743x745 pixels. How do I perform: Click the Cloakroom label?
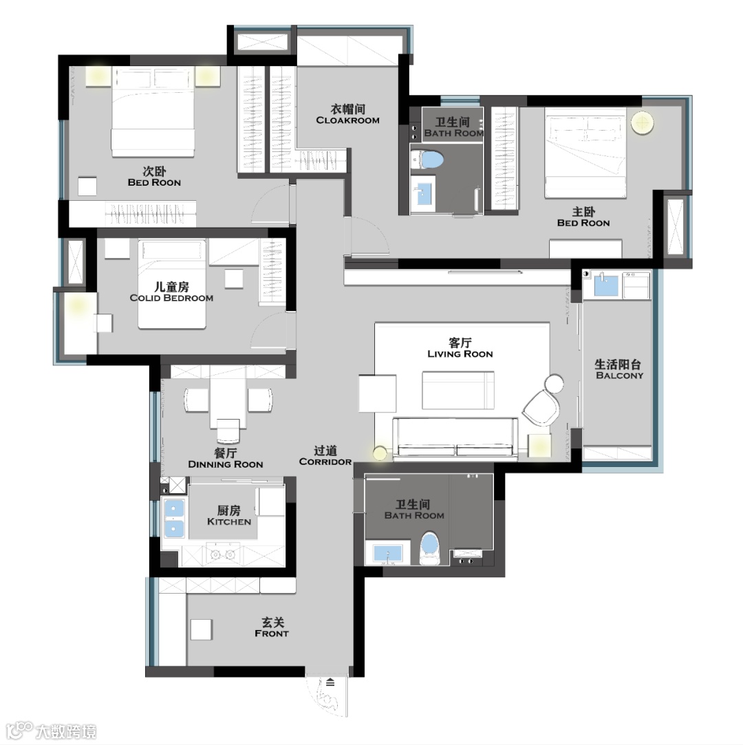click(347, 114)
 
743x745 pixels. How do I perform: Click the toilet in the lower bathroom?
click(429, 548)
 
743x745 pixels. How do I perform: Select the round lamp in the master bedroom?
click(642, 123)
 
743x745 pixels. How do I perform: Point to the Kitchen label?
click(229, 515)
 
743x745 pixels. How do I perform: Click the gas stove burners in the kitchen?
click(223, 554)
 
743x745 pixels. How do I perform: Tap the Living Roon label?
click(460, 348)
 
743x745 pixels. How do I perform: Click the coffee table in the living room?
click(458, 389)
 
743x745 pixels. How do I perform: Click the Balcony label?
click(619, 369)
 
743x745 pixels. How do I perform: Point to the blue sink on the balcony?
click(605, 285)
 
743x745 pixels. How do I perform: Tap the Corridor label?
click(325, 455)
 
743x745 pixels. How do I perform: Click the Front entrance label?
click(272, 627)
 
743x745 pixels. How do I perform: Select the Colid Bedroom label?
click(171, 292)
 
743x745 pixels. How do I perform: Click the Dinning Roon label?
click(226, 459)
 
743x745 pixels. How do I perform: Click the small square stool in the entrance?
click(202, 630)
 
